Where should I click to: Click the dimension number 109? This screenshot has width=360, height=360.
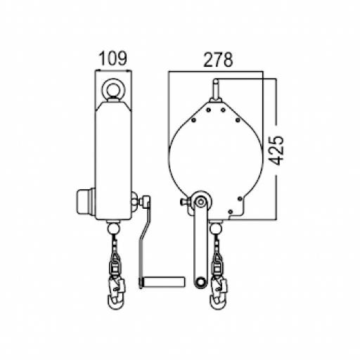pyautogui.click(x=112, y=59)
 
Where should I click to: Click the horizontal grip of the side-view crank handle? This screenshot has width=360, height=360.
pyautogui.click(x=162, y=282)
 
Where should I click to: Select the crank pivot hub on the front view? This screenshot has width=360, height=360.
pyautogui.click(x=201, y=202)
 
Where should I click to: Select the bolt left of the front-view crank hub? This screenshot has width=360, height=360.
pyautogui.click(x=186, y=203)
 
